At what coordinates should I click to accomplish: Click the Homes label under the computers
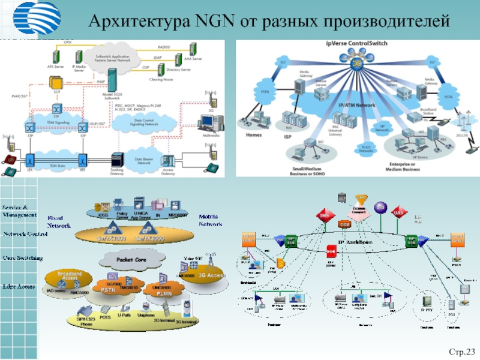[254, 134]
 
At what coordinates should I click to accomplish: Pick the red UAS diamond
[397, 212]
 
